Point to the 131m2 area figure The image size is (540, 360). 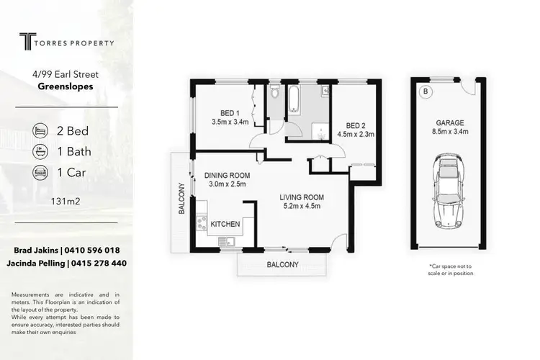(66, 202)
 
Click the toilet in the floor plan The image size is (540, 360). (274, 94)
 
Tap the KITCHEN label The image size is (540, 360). (225, 225)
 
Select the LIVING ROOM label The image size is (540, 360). (302, 197)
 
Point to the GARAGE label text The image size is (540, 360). (449, 122)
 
